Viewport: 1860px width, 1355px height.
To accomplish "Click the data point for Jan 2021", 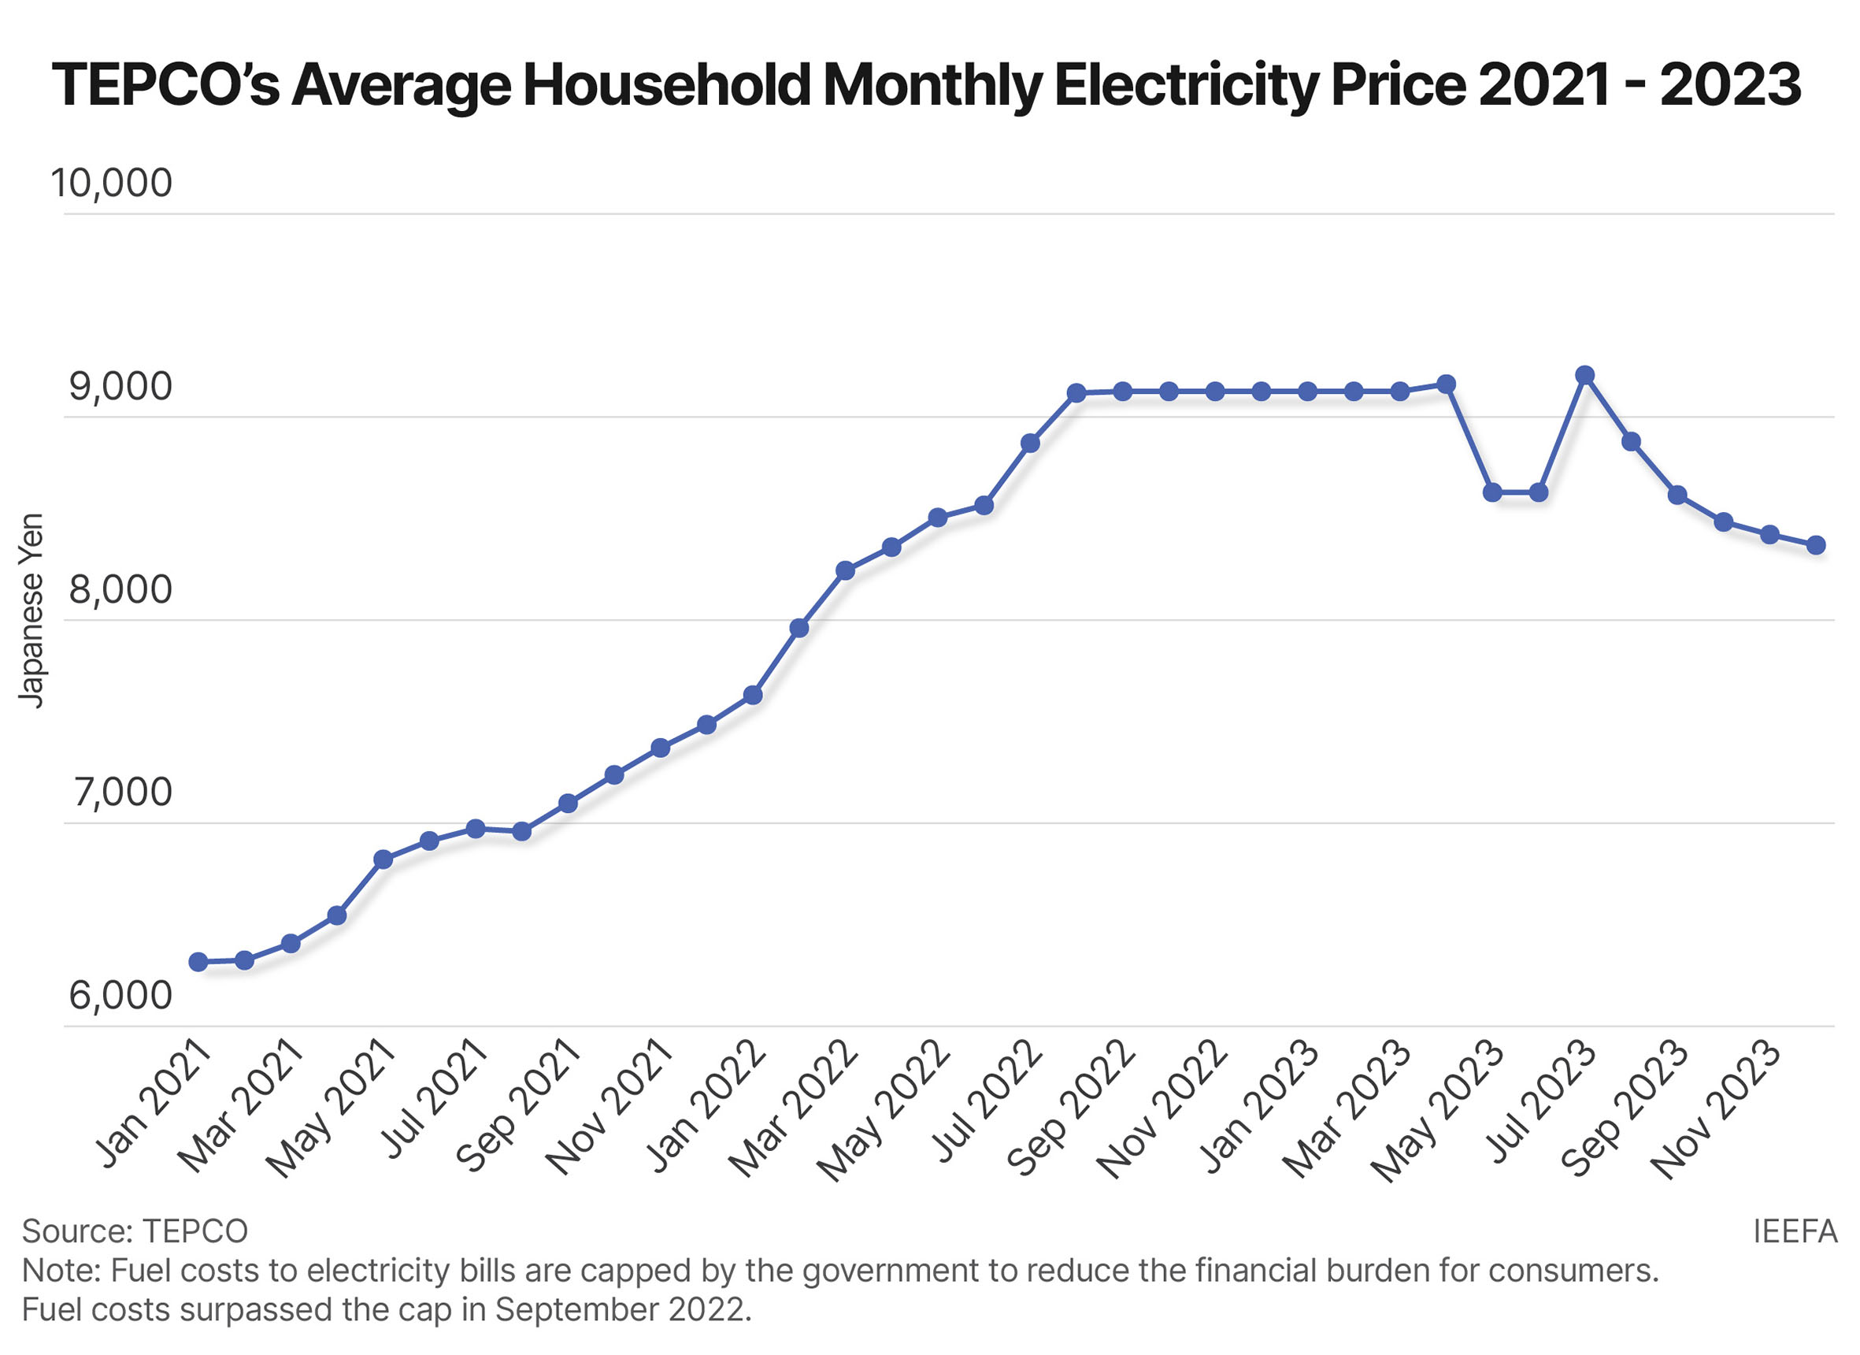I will (x=198, y=962).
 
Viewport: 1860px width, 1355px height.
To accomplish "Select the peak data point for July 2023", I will (x=1585, y=375).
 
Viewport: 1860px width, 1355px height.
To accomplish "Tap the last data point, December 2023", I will (x=1817, y=544).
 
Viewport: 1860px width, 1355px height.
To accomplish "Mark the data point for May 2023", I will (x=1492, y=492).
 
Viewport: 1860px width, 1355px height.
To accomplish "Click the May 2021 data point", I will (x=383, y=859).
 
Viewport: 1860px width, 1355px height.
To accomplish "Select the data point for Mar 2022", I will (x=846, y=570).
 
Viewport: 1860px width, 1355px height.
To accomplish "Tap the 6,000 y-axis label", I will (x=120, y=995).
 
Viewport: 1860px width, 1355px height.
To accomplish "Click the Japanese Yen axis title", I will (x=31, y=611).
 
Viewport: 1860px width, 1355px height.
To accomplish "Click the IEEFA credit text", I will (x=1795, y=1231).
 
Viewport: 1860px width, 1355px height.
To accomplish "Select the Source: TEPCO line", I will (x=135, y=1231).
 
